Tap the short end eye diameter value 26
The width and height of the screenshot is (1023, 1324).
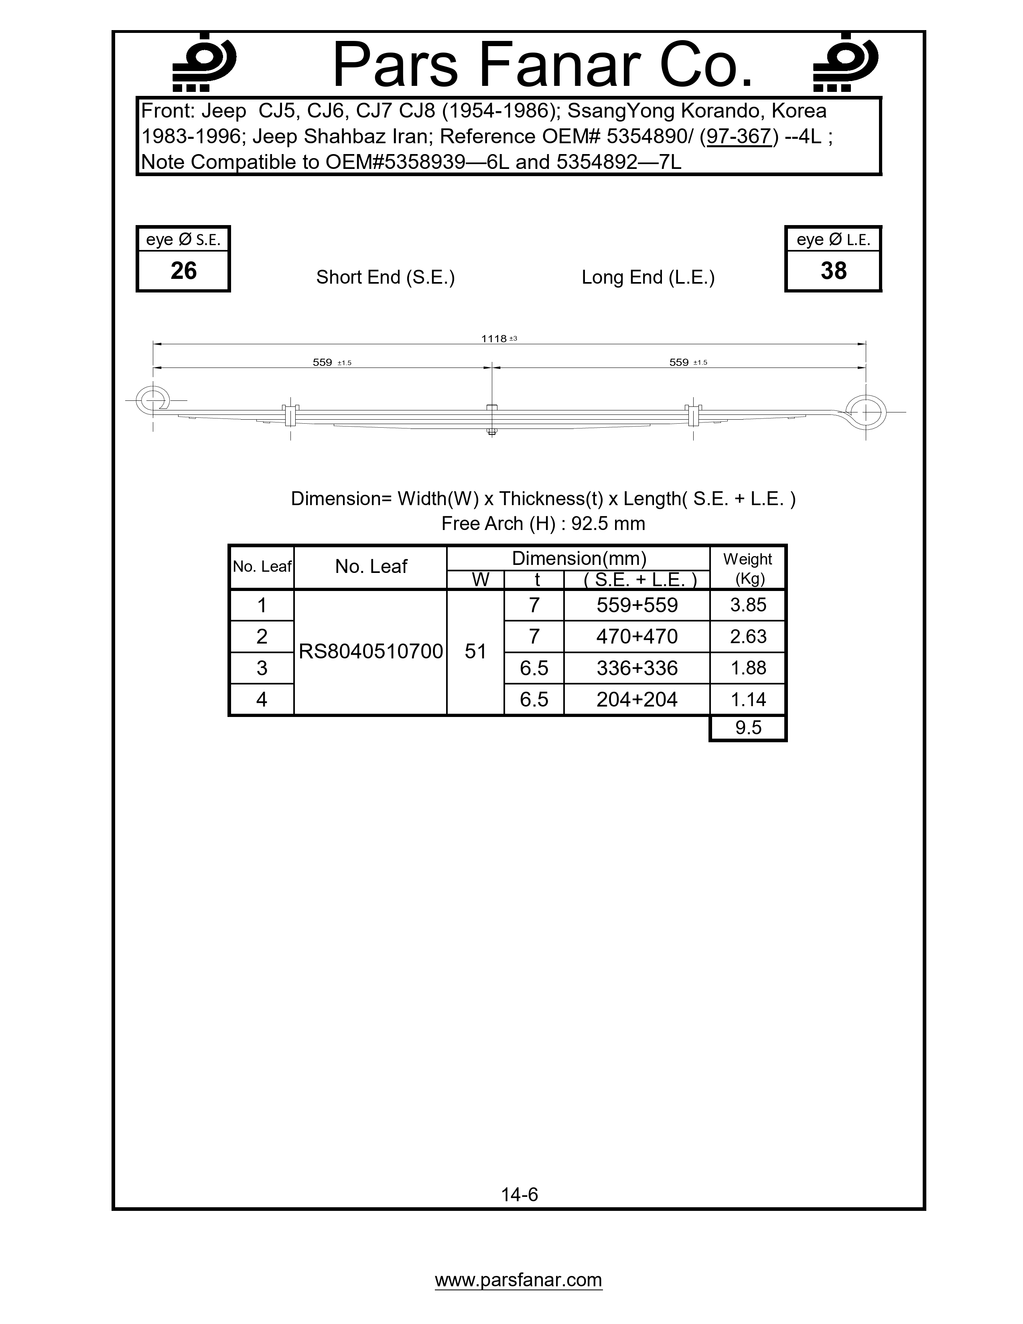tap(184, 270)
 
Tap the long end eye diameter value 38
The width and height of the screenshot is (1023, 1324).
tap(833, 270)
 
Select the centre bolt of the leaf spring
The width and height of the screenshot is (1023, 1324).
tap(491, 418)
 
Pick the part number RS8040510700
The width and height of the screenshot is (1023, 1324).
tap(371, 652)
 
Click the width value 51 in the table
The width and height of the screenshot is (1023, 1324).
tap(476, 652)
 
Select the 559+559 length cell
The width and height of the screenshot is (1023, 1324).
tap(637, 605)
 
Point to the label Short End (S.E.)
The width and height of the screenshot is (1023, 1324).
tap(386, 277)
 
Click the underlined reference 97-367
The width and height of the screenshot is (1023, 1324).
tap(739, 136)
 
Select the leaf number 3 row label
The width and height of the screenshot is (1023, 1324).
tap(262, 668)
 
